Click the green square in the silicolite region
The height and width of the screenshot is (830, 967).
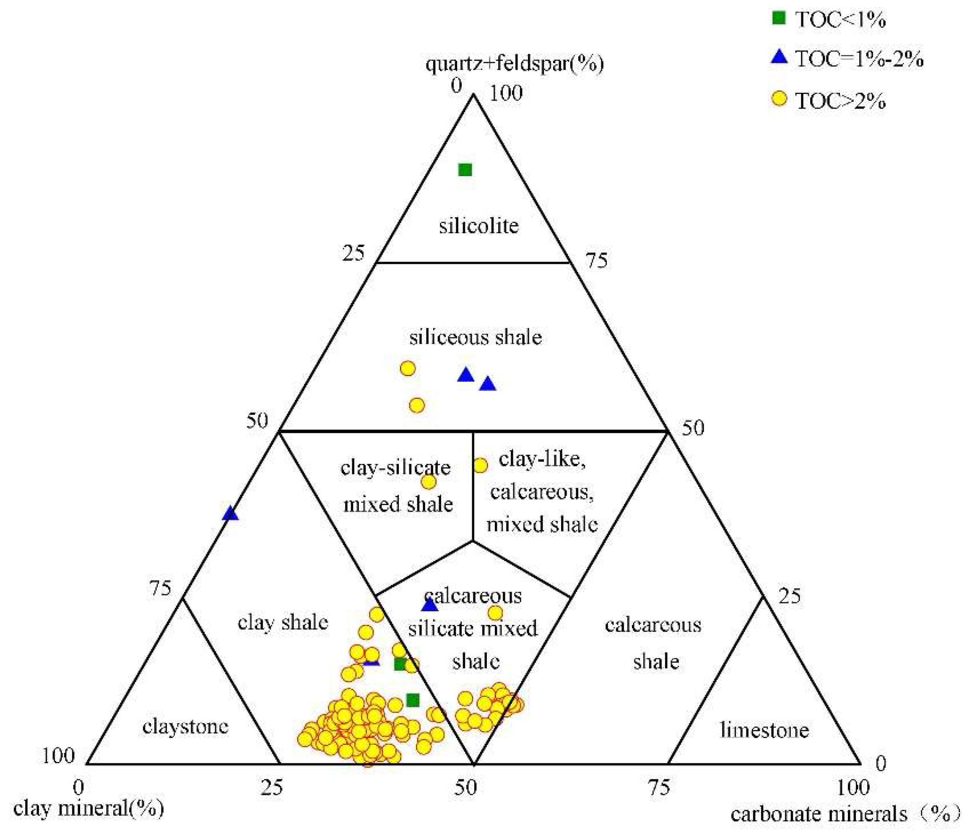coord(465,170)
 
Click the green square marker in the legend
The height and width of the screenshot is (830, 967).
coord(779,18)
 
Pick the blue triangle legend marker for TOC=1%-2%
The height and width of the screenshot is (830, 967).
coord(779,58)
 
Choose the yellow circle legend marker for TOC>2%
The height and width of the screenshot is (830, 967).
coord(779,99)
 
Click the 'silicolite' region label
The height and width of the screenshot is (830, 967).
coord(478,226)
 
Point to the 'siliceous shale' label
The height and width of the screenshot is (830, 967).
coord(476,338)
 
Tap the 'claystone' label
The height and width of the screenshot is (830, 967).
coord(185,727)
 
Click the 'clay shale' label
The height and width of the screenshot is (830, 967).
coord(283,623)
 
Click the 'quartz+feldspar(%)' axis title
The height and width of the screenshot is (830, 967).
coord(514,63)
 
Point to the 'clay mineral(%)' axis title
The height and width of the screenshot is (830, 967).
coord(88,808)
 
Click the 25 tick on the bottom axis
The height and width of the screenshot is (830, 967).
coord(272,788)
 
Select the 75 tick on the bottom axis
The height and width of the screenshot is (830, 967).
coord(659,788)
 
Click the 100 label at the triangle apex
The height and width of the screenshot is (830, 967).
coord(505,94)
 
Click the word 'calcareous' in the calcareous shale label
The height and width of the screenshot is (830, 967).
coord(653,625)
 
